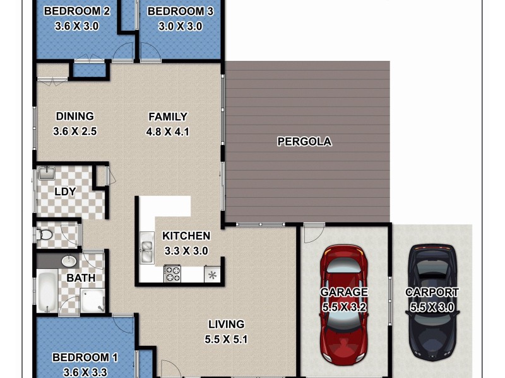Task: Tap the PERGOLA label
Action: pos(304,142)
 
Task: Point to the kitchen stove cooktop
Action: pos(172,273)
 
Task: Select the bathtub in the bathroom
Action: pos(47,290)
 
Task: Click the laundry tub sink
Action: pos(46,173)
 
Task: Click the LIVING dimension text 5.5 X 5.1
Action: pos(227,339)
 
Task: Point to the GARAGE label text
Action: pos(343,292)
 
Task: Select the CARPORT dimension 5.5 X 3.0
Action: pos(432,307)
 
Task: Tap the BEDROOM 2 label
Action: pos(77,11)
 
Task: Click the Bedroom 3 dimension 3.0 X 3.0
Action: pos(180,26)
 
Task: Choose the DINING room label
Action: pos(74,117)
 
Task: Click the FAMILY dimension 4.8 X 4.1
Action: pos(168,132)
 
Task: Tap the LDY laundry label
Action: pos(65,192)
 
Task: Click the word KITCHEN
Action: pos(186,236)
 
